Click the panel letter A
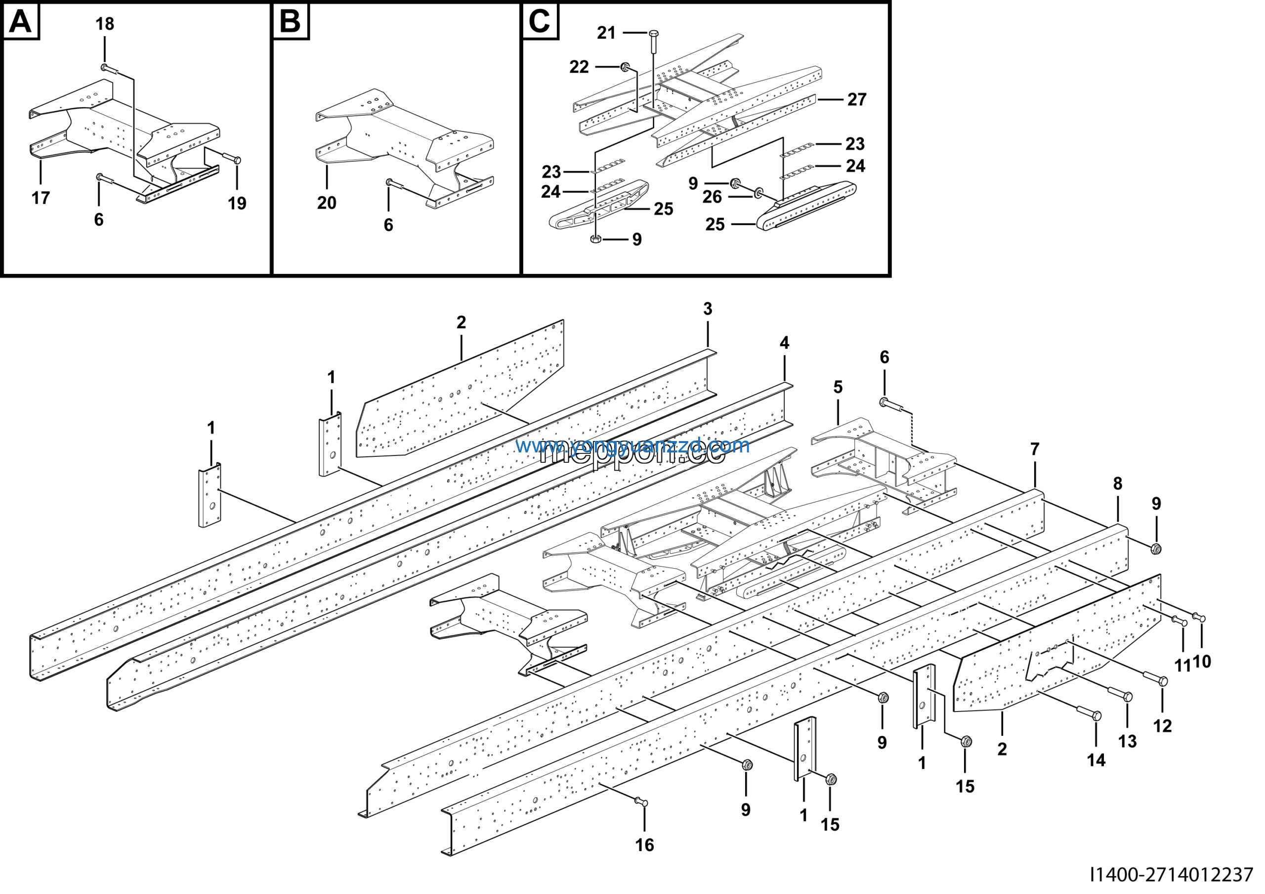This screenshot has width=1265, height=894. pyautogui.click(x=21, y=22)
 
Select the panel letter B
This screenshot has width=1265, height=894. pyautogui.click(x=291, y=22)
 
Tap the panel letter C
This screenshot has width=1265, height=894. pyautogui.click(x=540, y=22)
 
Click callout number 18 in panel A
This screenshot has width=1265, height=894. pyautogui.click(x=105, y=24)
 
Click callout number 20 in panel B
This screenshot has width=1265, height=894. pyautogui.click(x=327, y=203)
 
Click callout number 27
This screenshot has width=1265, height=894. pyautogui.click(x=857, y=99)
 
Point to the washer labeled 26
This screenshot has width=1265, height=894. pyautogui.click(x=758, y=192)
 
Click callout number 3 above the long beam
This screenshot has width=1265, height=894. pyautogui.click(x=708, y=309)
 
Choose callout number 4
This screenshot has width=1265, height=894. pyautogui.click(x=784, y=343)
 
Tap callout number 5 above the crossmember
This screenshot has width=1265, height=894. pyautogui.click(x=838, y=387)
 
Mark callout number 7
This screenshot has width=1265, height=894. pyautogui.click(x=1035, y=449)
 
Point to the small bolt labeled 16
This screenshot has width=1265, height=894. pyautogui.click(x=641, y=803)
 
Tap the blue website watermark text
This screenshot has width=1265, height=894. pyautogui.click(x=632, y=446)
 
